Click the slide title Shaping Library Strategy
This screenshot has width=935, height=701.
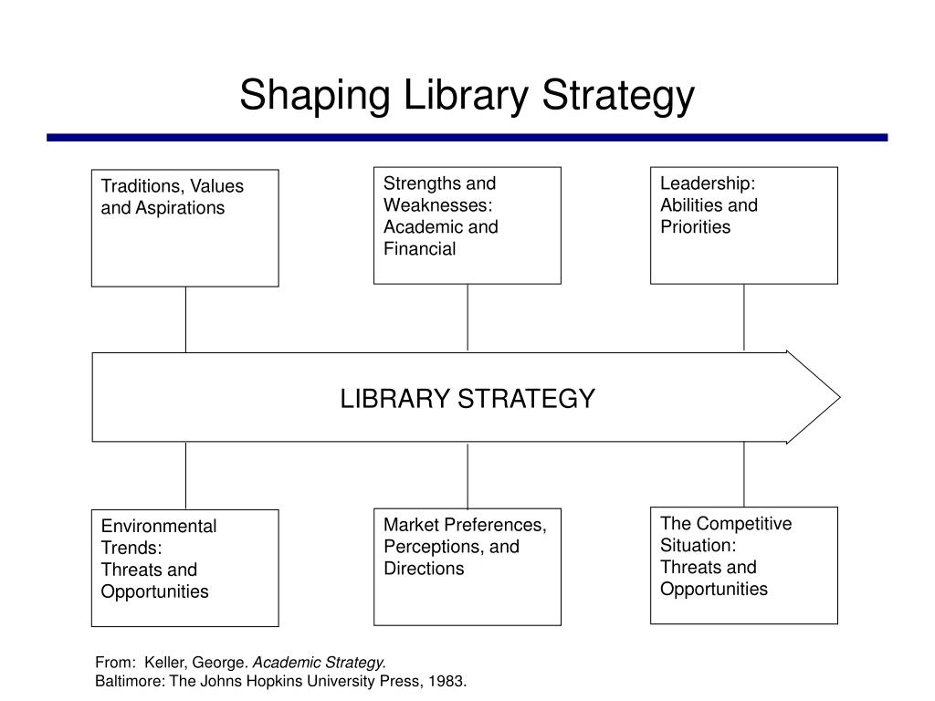pyautogui.click(x=467, y=96)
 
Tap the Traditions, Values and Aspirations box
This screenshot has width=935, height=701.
pyautogui.click(x=184, y=227)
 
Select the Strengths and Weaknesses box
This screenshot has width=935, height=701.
pyautogui.click(x=467, y=225)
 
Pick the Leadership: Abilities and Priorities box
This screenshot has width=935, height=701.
pyautogui.click(x=743, y=225)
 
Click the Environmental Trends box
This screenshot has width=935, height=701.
pyautogui.click(x=184, y=568)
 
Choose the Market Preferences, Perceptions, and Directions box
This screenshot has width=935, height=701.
pyautogui.click(x=467, y=566)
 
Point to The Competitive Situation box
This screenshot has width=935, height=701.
pyautogui.click(x=743, y=565)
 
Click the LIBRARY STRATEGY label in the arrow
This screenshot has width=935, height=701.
pyautogui.click(x=467, y=399)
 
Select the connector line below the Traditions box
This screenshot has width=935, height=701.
pyautogui.click(x=185, y=319)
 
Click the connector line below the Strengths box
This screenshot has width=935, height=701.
pyautogui.click(x=467, y=318)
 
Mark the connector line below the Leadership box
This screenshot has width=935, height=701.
pyautogui.click(x=744, y=318)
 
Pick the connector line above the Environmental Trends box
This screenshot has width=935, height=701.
pyautogui.click(x=185, y=476)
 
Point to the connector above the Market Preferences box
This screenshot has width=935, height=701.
pyautogui.click(x=467, y=475)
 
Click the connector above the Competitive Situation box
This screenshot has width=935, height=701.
pyautogui.click(x=744, y=474)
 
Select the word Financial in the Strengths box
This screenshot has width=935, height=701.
pyautogui.click(x=419, y=249)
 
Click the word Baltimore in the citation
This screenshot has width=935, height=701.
pyautogui.click(x=128, y=681)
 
